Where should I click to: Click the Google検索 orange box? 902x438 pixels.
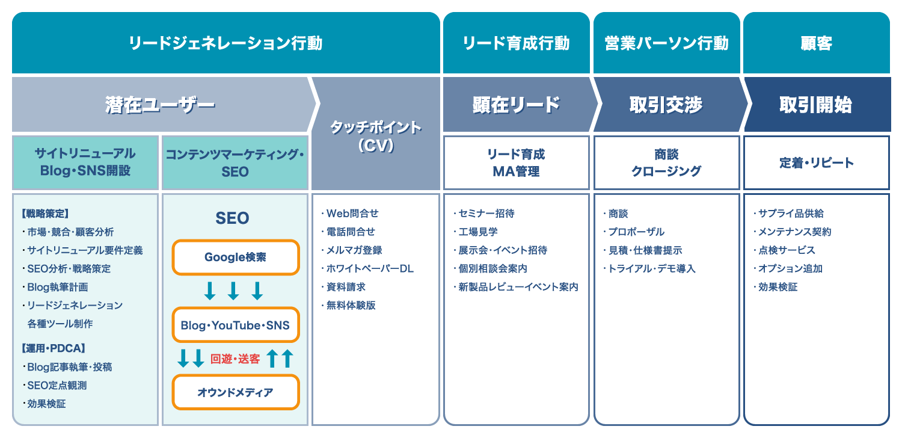(236, 257)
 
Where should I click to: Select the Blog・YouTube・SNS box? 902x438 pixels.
(236, 325)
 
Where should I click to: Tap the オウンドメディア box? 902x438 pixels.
(236, 392)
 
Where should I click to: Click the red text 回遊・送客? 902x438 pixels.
(235, 359)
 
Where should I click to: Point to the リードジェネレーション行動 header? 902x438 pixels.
(226, 43)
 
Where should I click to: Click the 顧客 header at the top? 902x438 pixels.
(816, 43)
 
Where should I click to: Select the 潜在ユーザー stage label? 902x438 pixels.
(161, 105)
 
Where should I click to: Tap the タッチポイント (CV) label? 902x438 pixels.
(376, 136)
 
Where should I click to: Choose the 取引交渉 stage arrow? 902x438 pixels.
(666, 104)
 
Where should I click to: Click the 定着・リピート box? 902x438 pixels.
(816, 162)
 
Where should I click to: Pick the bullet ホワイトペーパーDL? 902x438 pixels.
(367, 268)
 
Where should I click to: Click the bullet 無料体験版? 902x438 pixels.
(348, 305)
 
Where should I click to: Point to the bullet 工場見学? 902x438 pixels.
(476, 232)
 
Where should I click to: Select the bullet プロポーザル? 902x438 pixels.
(634, 232)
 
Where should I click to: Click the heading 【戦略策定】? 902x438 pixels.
(45, 213)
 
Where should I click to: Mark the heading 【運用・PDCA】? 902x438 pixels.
(54, 348)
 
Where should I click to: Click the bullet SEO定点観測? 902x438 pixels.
(55, 385)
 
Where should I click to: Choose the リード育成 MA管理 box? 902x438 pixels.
(516, 162)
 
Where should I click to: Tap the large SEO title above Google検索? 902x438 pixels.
(232, 218)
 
